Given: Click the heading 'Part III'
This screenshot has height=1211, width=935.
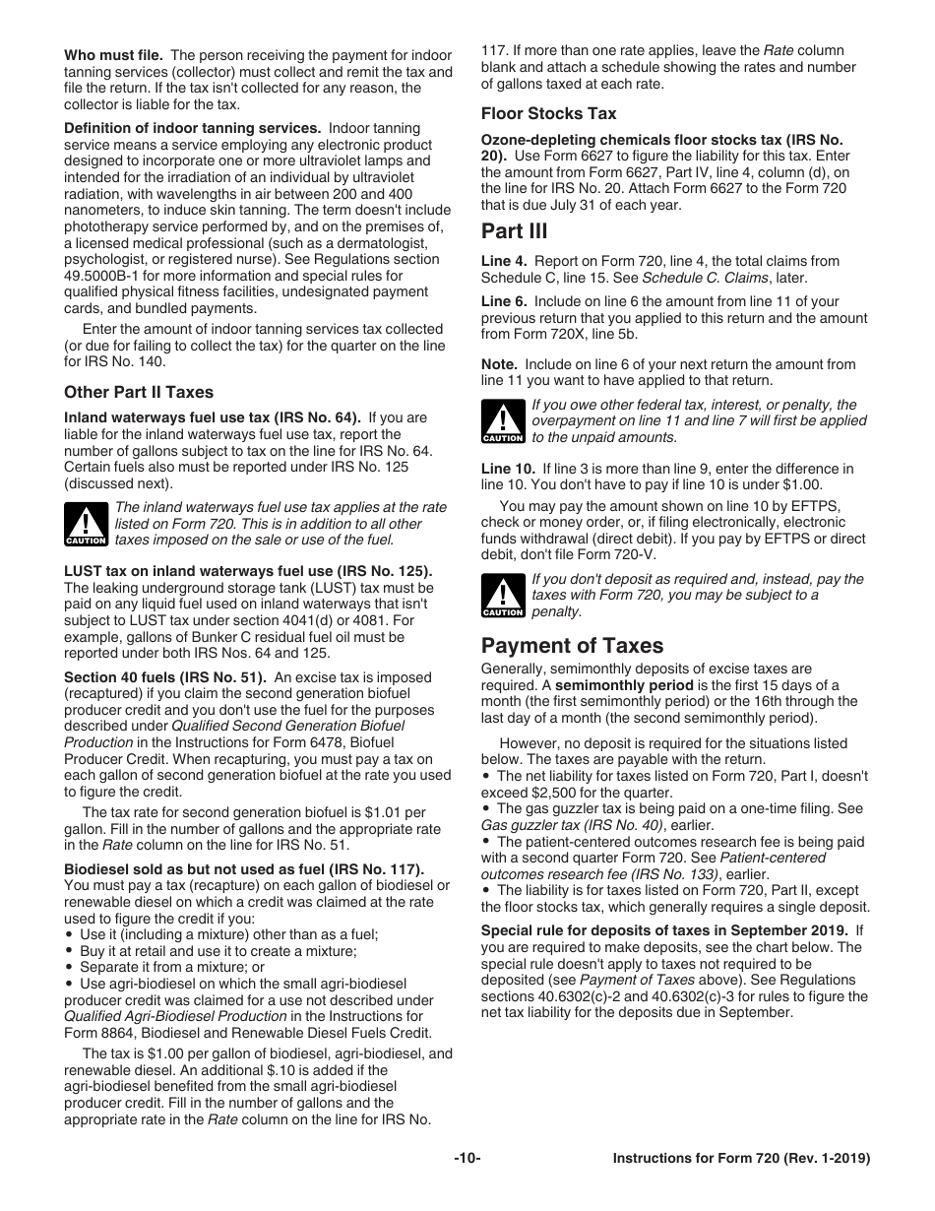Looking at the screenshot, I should pos(514,231).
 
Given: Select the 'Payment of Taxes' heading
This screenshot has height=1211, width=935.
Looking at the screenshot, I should pos(572,646).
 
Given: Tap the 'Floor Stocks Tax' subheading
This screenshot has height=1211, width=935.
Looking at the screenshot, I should pos(548,113).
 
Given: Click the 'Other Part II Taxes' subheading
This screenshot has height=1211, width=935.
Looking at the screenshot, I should pos(139,392).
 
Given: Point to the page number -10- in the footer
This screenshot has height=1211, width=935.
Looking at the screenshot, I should pos(467,1159).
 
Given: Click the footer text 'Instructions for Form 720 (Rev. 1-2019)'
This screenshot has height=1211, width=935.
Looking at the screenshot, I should pos(741,1159).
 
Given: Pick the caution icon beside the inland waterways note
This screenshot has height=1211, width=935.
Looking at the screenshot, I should pos(86,524).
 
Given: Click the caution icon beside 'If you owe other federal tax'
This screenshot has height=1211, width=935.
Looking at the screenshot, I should pos(502,421).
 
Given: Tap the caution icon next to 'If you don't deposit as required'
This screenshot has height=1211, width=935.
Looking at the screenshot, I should pos(502,596).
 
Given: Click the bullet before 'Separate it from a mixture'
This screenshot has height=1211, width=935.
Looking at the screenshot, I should pos(70,967).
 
